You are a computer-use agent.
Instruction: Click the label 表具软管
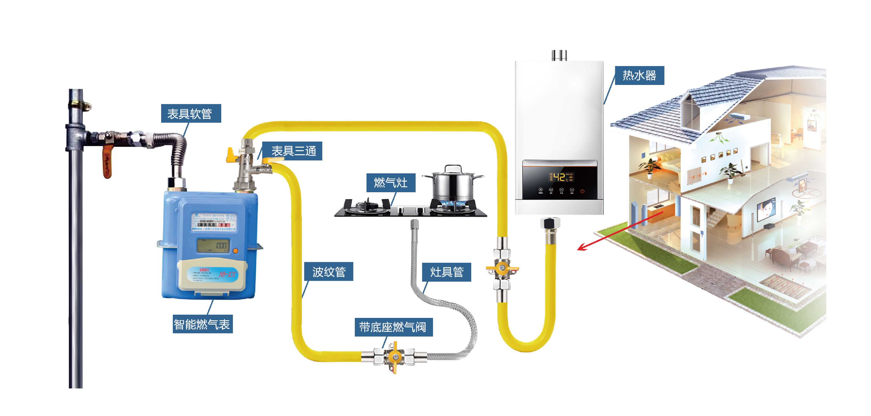coord(191,114)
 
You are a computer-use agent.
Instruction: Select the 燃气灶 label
coord(391,183)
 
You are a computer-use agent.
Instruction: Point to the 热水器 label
coord(639,76)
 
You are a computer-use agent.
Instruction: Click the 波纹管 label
coord(329,272)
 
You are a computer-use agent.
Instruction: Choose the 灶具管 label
coord(446,272)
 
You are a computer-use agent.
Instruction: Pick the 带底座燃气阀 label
coord(393,327)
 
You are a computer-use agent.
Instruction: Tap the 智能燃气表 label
coord(202,324)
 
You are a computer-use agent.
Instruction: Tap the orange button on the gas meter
coord(236,251)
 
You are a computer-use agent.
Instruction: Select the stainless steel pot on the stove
coord(453,184)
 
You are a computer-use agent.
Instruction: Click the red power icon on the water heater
coord(582,191)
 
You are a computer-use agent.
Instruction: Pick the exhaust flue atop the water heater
coord(559,55)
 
